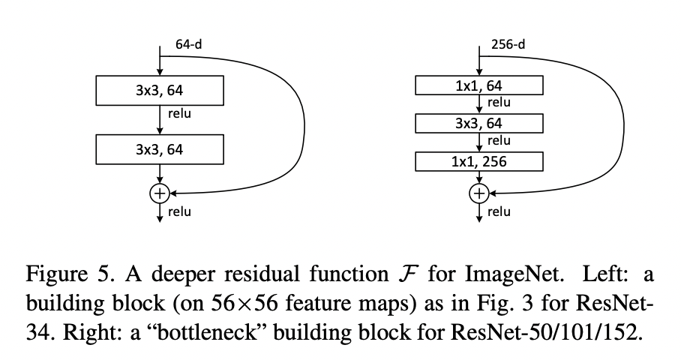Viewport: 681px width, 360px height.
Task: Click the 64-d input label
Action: pyautogui.click(x=188, y=44)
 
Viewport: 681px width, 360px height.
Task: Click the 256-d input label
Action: pyautogui.click(x=508, y=44)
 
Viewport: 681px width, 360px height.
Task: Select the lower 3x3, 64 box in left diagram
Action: pyautogui.click(x=160, y=149)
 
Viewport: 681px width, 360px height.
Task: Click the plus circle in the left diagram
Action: pyautogui.click(x=159, y=193)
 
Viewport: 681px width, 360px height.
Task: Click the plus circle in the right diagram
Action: pyautogui.click(x=478, y=193)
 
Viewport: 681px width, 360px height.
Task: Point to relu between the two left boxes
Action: pyautogui.click(x=179, y=114)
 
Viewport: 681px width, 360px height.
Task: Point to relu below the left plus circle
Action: pyautogui.click(x=179, y=211)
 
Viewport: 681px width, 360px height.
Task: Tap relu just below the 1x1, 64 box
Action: pyautogui.click(x=499, y=103)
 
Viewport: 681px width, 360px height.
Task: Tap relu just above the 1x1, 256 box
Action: pyautogui.click(x=499, y=140)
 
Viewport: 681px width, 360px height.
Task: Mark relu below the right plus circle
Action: pyautogui.click(x=499, y=211)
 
